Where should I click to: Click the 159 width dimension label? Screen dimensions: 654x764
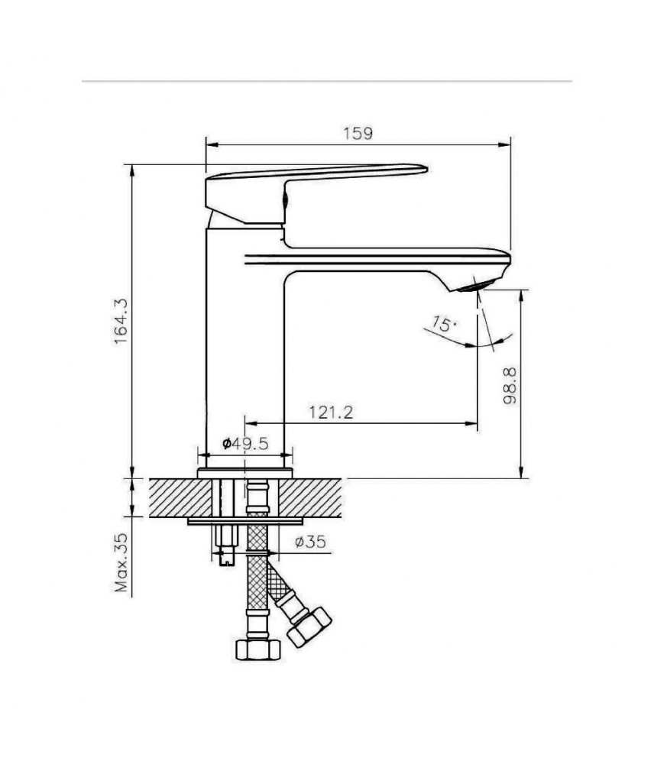tap(358, 133)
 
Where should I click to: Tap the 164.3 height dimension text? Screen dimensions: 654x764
tap(121, 321)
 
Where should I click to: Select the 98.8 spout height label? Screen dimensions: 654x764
tap(510, 386)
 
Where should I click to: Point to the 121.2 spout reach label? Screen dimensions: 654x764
tap(331, 413)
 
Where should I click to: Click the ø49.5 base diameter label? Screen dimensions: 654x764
tap(245, 443)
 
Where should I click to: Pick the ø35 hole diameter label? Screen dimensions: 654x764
tap(310, 542)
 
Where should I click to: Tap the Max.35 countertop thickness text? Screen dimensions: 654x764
tap(121, 562)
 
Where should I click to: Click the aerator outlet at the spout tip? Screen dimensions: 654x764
tap(477, 286)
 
